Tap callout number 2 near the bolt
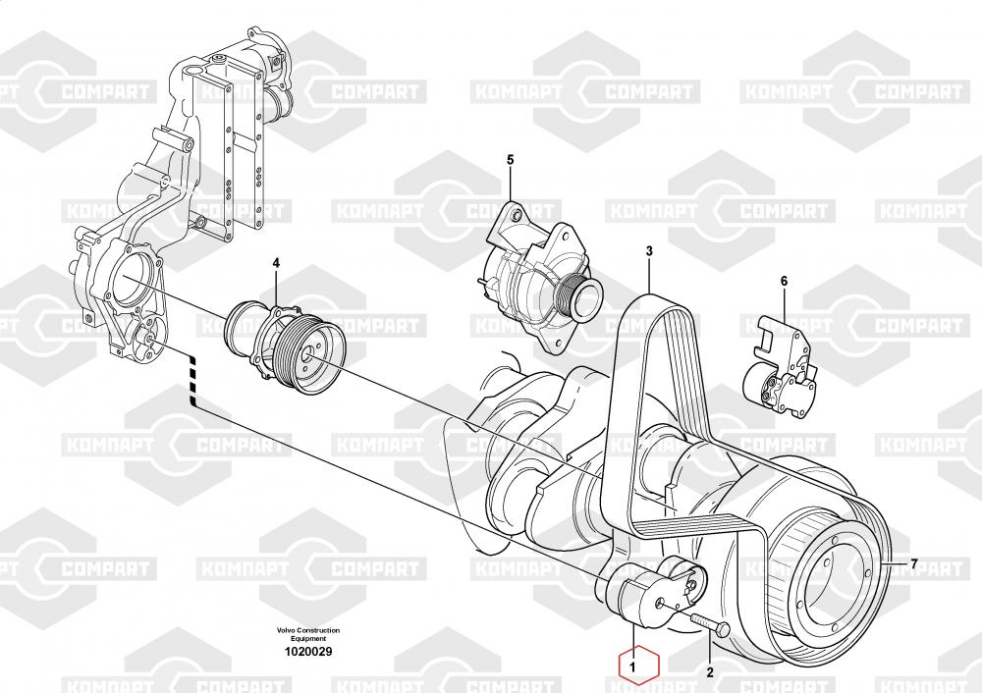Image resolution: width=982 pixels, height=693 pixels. coord(709,673)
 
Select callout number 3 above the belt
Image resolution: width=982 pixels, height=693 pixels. coord(648,251)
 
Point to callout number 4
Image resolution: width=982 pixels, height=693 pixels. coord(276,263)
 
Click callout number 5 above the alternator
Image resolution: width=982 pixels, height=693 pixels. coord(510,159)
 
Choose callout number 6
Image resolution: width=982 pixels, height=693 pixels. coord(784,282)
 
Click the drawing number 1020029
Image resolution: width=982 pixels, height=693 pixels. coord(308,651)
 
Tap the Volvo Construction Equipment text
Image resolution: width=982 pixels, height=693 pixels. coord(308,633)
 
